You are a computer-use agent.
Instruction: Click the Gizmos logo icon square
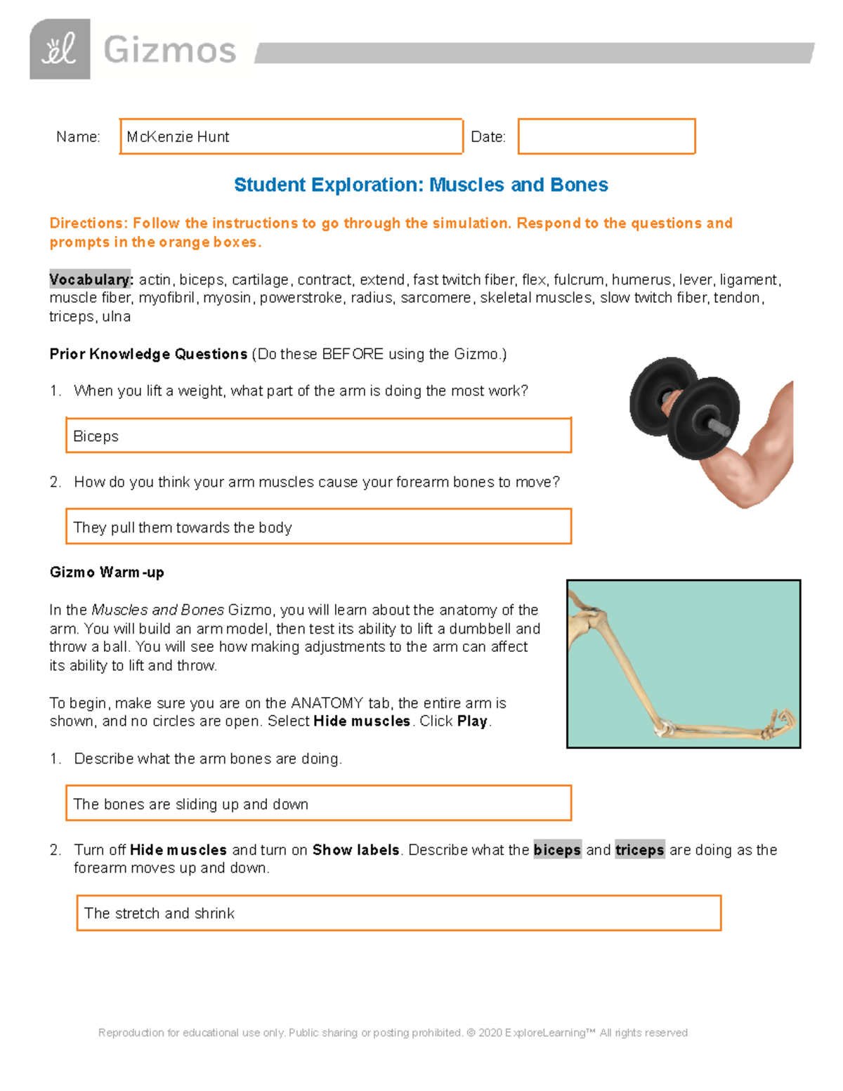click(60, 49)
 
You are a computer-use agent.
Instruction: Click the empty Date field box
click(606, 136)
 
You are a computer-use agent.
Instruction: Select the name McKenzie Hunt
click(178, 137)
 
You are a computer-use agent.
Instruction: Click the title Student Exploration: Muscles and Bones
click(421, 185)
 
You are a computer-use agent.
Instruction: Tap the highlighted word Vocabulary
click(91, 280)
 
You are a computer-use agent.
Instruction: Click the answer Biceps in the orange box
click(96, 436)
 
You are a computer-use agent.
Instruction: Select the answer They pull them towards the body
click(183, 528)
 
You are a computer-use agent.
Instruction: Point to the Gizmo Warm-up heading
click(107, 573)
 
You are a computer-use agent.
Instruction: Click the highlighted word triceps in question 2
click(639, 850)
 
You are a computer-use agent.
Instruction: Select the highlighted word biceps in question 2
click(557, 850)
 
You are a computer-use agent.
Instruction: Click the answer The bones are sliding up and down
click(191, 804)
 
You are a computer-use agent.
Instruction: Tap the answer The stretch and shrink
click(159, 913)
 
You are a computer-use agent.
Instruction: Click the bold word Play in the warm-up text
click(472, 721)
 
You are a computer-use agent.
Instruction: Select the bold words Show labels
click(355, 850)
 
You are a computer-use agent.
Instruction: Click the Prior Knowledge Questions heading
click(148, 354)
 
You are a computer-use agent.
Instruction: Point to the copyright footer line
click(393, 1033)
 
